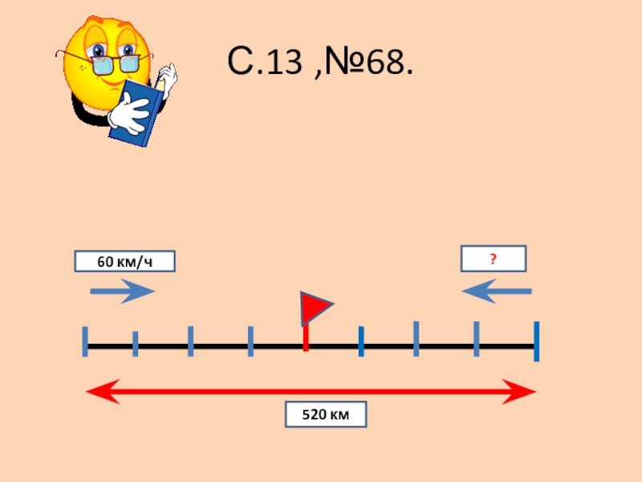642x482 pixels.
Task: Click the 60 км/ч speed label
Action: click(124, 262)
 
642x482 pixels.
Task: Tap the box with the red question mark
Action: click(493, 259)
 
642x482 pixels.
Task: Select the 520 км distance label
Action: click(326, 415)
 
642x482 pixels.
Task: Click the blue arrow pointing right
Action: click(122, 291)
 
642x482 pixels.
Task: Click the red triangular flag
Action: click(315, 308)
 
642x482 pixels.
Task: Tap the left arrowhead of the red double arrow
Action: click(98, 393)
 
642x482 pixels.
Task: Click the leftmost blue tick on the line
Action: click(84, 341)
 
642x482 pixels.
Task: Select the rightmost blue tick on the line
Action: click(536, 341)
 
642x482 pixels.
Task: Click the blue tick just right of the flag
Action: click(361, 341)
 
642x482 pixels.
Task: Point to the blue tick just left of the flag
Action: click(250, 341)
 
